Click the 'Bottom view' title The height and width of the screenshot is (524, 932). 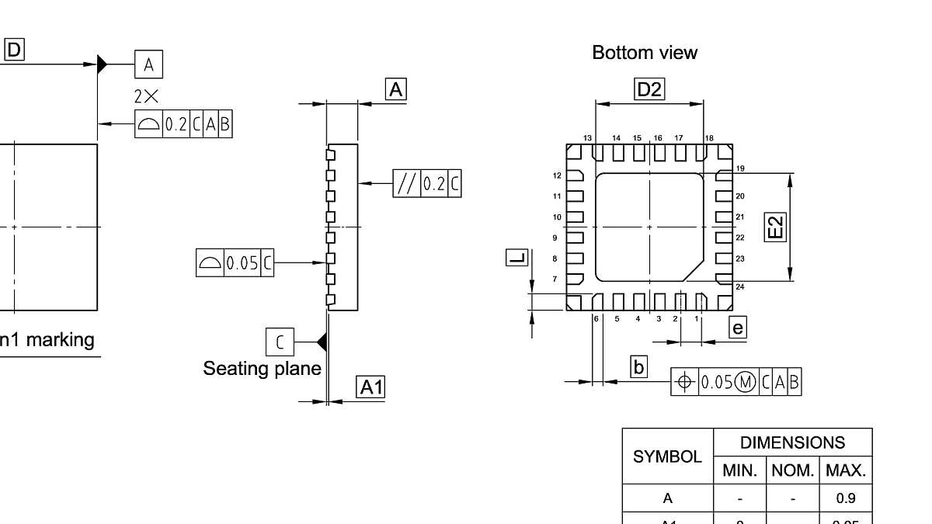coord(645,53)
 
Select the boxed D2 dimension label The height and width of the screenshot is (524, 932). coord(649,89)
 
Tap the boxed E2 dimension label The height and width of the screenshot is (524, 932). coord(775,227)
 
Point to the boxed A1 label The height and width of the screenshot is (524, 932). coord(371,387)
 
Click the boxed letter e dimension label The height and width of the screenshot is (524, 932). coord(738,328)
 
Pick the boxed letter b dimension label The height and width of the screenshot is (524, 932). coord(638,366)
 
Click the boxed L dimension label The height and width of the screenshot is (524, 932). coord(516,258)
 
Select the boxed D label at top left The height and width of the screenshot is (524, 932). coord(15,50)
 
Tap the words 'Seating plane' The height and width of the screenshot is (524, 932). coord(262,368)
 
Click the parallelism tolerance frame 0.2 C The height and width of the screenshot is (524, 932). coord(427,184)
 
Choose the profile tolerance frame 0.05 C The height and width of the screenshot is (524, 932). coord(235,263)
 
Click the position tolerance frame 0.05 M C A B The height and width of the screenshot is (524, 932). coord(736,382)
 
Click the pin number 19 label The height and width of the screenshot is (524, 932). coord(740,168)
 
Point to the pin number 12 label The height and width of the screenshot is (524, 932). coord(557,176)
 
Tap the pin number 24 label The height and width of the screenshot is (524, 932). coord(740,287)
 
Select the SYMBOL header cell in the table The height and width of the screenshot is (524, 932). coord(667,456)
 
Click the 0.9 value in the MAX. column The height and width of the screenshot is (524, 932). coord(846,498)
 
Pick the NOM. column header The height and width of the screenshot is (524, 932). coord(792,470)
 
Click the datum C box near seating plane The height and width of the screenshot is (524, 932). coord(280,342)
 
